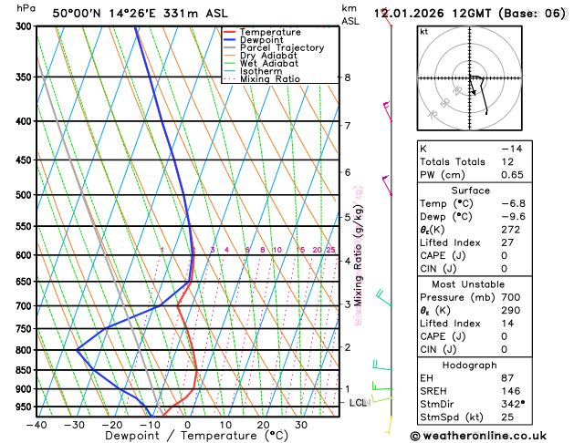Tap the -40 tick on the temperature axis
point(37,425)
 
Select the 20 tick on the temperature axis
point(263,425)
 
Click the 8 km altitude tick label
point(348,78)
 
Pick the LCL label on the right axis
point(359,402)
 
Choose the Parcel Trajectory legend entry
point(282,48)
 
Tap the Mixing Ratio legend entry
point(270,79)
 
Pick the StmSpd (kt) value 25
point(539,417)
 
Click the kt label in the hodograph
point(423,31)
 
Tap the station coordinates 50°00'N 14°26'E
point(109,14)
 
